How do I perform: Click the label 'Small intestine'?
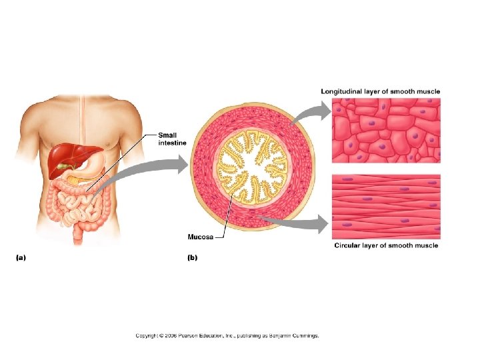[172, 137]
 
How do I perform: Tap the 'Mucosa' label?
[201, 236]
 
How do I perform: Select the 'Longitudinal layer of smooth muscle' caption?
[380, 91]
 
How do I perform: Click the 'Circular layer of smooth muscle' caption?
[386, 245]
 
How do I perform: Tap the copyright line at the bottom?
[227, 335]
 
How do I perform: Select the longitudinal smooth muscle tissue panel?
[386, 130]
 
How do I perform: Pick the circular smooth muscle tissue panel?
[386, 206]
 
